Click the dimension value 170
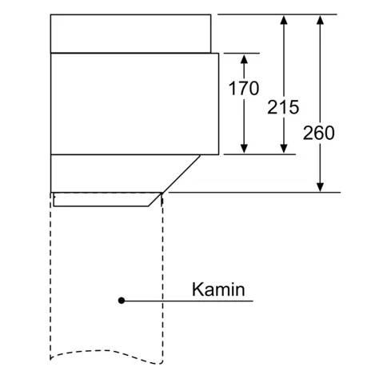pyautogui.click(x=244, y=88)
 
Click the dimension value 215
pyautogui.click(x=283, y=107)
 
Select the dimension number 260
pyautogui.click(x=318, y=133)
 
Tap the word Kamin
pyautogui.click(x=218, y=289)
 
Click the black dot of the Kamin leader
pyautogui.click(x=122, y=301)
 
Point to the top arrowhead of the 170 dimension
pyautogui.click(x=244, y=58)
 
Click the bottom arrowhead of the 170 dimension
pyautogui.click(x=244, y=149)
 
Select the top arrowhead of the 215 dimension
pyautogui.click(x=284, y=20)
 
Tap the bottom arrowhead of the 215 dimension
pyautogui.click(x=284, y=149)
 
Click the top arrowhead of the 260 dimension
pyautogui.click(x=320, y=20)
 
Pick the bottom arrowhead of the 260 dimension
pyautogui.click(x=320, y=187)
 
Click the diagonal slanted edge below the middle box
pyautogui.click(x=181, y=174)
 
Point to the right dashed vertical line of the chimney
pyautogui.click(x=162, y=277)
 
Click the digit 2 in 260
pyautogui.click(x=308, y=133)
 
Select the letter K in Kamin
pyautogui.click(x=197, y=289)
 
